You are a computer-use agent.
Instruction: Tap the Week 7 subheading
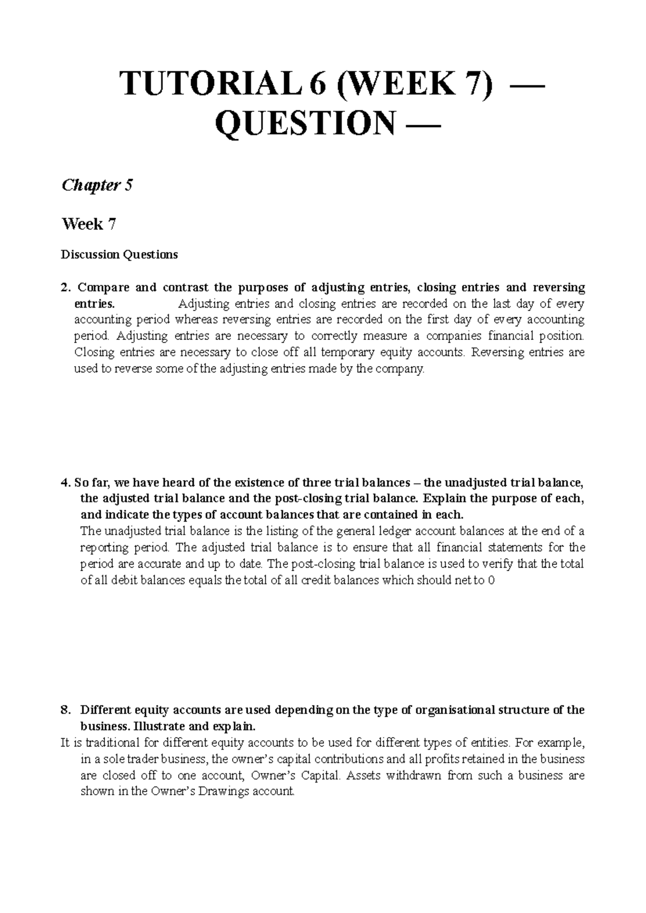(x=89, y=224)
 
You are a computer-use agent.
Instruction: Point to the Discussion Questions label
(x=120, y=254)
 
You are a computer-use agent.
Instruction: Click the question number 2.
(x=65, y=287)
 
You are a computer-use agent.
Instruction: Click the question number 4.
(x=65, y=482)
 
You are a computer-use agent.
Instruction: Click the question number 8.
(x=65, y=710)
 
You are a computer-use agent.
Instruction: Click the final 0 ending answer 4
(x=490, y=581)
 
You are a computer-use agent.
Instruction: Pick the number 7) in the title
(x=478, y=84)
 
